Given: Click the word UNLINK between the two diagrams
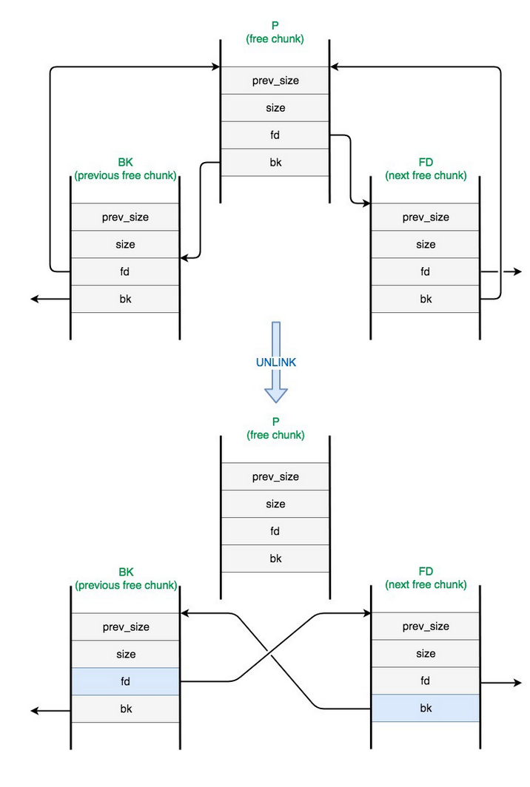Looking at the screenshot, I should [x=275, y=362].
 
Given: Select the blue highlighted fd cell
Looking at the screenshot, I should [x=125, y=681].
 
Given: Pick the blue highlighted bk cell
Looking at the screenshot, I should [x=425, y=708].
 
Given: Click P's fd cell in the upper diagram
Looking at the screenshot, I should [x=275, y=135].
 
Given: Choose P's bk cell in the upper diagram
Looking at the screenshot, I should [x=275, y=162].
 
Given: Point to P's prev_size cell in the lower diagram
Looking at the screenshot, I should [x=275, y=476].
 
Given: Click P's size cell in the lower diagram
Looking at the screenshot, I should [x=275, y=504].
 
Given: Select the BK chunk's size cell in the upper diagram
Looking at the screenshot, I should [x=125, y=244].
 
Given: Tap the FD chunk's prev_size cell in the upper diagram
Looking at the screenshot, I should [x=425, y=217].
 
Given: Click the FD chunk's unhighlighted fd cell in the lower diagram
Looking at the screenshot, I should [x=425, y=680].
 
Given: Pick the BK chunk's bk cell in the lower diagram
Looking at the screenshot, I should [x=125, y=709].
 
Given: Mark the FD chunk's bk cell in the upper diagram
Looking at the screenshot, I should [x=425, y=299].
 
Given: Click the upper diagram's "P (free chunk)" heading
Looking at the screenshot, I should [x=275, y=33].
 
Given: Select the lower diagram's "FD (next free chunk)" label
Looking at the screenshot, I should [x=426, y=578].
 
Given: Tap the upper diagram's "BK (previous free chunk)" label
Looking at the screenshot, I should [x=125, y=169].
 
